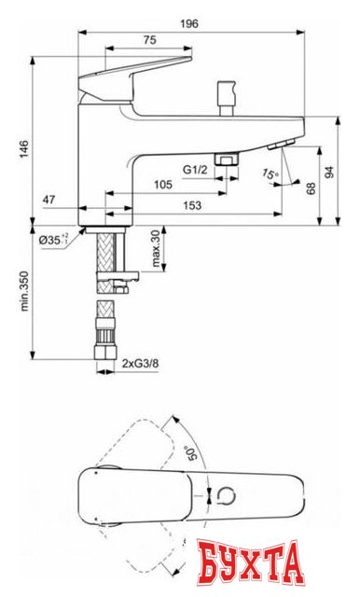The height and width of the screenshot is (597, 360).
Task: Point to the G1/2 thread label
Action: coord(194,169)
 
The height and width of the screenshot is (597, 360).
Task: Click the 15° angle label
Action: coord(270,174)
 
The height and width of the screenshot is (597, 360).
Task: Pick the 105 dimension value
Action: coord(162,185)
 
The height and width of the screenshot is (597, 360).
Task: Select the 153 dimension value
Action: coord(193,206)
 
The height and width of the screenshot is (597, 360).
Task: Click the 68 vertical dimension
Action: coord(310,187)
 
